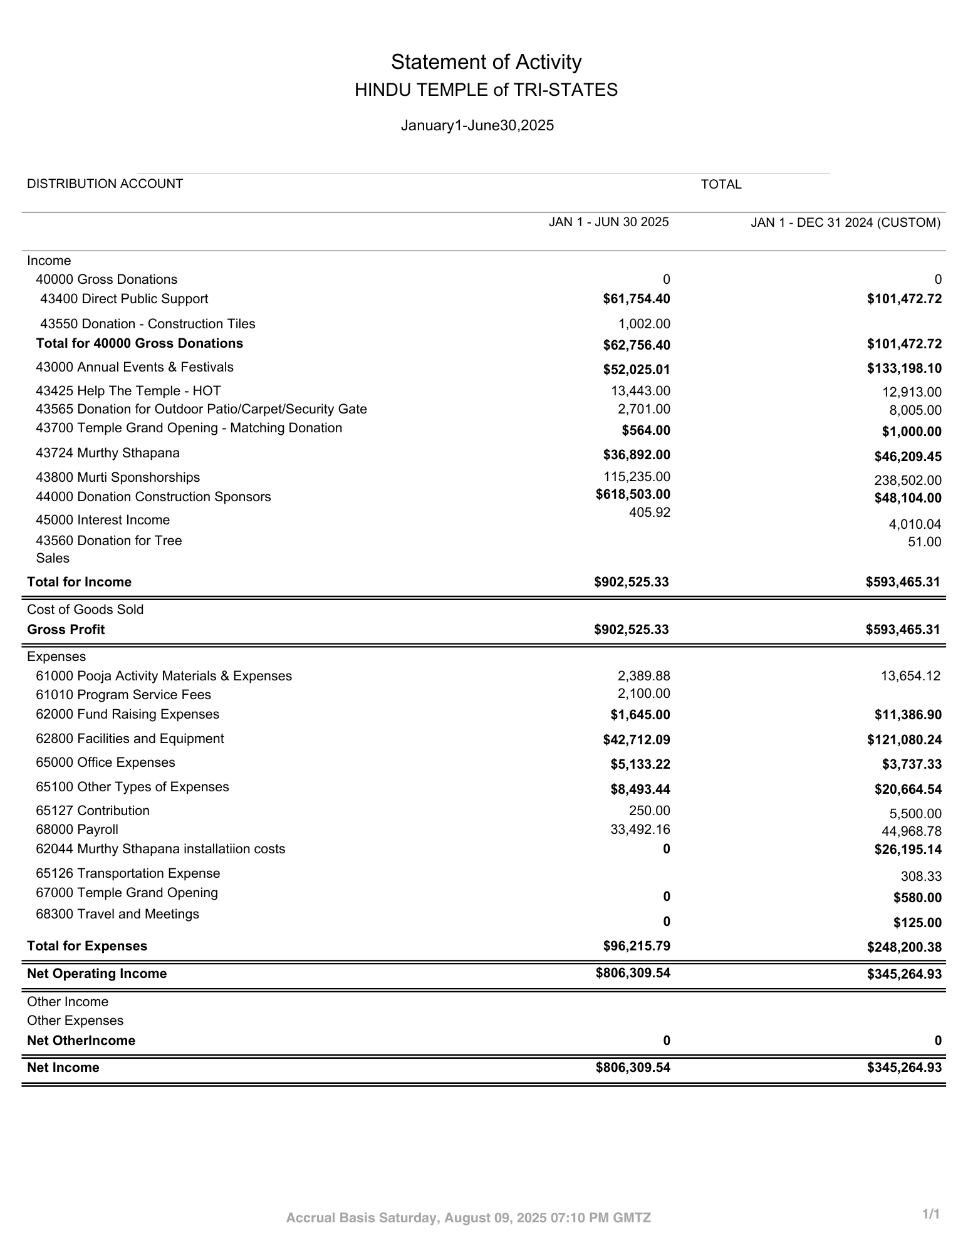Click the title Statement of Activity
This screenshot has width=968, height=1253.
click(x=486, y=62)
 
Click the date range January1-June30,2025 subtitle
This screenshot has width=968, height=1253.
click(x=477, y=125)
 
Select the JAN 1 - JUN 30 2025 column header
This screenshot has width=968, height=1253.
click(x=608, y=222)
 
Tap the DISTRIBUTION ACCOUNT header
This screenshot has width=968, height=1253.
click(x=105, y=184)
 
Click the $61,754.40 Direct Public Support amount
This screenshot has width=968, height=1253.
click(x=636, y=299)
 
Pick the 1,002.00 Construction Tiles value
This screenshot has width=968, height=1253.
click(x=643, y=324)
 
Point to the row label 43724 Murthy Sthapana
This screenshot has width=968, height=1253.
click(x=107, y=453)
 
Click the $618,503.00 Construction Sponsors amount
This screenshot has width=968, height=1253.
click(x=633, y=494)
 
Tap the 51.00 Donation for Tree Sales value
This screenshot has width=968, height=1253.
click(x=924, y=542)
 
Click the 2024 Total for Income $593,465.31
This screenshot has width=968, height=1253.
click(x=903, y=582)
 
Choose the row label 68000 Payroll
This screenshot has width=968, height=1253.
click(x=76, y=829)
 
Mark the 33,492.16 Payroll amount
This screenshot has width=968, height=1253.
click(x=640, y=829)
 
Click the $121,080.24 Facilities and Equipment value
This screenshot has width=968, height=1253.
click(x=904, y=740)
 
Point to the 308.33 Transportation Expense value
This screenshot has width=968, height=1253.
click(x=921, y=876)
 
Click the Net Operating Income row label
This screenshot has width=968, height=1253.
click(x=96, y=974)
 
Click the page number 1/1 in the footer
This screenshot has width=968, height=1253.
click(x=931, y=1214)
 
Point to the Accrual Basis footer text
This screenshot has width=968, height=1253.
click(x=468, y=1218)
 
